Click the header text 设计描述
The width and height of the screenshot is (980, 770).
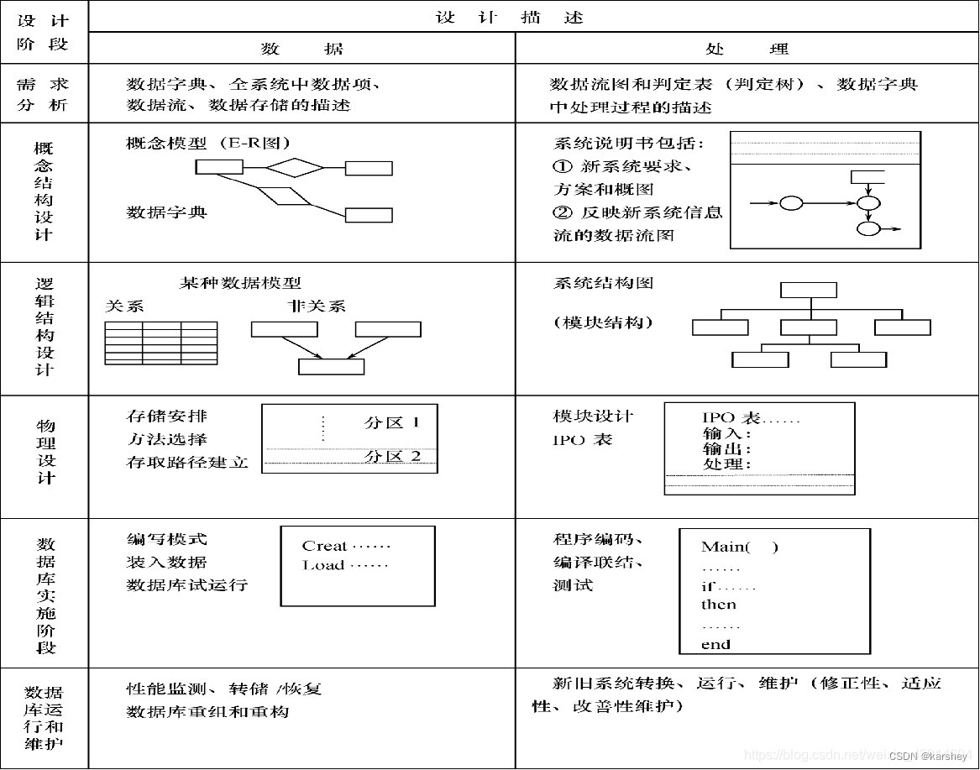pyautogui.click(x=509, y=17)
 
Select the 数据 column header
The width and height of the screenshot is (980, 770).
pyautogui.click(x=301, y=49)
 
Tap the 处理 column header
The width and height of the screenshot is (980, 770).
pyautogui.click(x=747, y=49)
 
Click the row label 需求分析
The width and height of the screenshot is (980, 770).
pyautogui.click(x=44, y=95)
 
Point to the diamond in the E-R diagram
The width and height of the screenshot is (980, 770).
pyautogui.click(x=289, y=167)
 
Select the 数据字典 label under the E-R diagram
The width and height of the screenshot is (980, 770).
pyautogui.click(x=166, y=212)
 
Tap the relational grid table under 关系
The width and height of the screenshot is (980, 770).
pyautogui.click(x=160, y=343)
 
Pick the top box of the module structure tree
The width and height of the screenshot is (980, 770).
pyautogui.click(x=808, y=290)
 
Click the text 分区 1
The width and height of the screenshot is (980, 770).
pyautogui.click(x=392, y=422)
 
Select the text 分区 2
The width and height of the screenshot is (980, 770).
pyautogui.click(x=392, y=456)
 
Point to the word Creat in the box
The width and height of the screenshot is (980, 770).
pyautogui.click(x=324, y=546)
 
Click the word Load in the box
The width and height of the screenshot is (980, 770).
pyautogui.click(x=323, y=565)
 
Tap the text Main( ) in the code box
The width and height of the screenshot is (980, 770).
pyautogui.click(x=739, y=547)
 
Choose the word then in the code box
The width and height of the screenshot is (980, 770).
pyautogui.click(x=718, y=605)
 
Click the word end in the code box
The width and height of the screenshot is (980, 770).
pyautogui.click(x=715, y=645)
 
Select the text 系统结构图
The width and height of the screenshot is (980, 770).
pyautogui.click(x=603, y=283)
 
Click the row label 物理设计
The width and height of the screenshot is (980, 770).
pyautogui.click(x=45, y=452)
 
